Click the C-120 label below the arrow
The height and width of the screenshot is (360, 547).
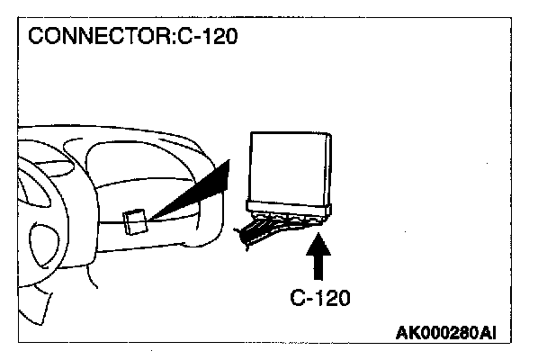(320, 297)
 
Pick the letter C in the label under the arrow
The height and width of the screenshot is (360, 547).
(297, 297)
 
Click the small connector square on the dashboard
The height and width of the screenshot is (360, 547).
(136, 220)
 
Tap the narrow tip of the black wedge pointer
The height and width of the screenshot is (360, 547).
(153, 215)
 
